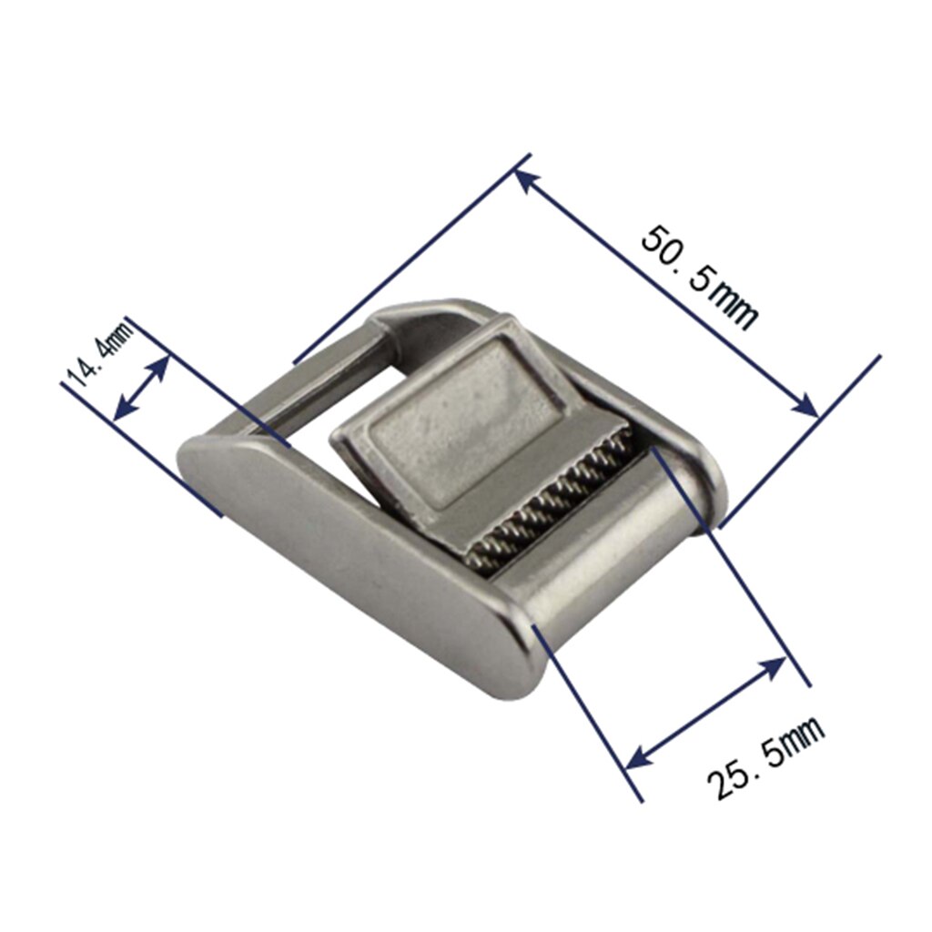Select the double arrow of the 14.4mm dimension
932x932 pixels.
142,388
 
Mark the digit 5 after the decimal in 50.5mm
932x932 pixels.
700,278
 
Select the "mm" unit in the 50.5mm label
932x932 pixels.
735,307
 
